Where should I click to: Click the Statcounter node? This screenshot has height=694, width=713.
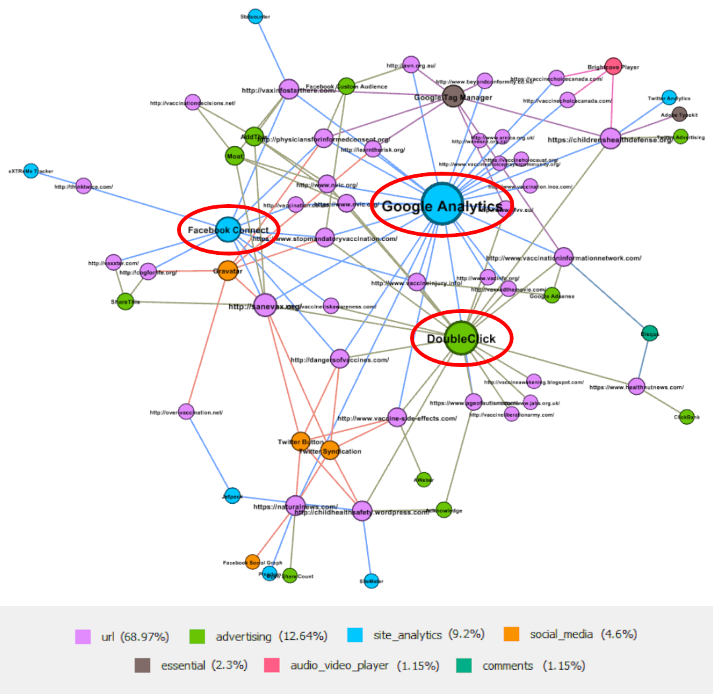[x=255, y=17]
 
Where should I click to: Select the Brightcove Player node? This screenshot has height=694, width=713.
[x=613, y=67]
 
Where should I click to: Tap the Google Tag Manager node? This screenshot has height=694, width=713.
[x=453, y=96]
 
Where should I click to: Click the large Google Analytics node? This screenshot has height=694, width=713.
[x=442, y=205]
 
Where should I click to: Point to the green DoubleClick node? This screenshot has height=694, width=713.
[x=461, y=339]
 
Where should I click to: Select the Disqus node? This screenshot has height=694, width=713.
[x=650, y=334]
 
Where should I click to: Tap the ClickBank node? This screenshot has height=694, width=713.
[x=687, y=417]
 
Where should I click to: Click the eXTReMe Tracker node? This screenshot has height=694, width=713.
[x=30, y=171]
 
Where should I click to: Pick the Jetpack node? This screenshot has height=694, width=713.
[x=232, y=496]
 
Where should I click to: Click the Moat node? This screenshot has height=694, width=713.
[x=235, y=156]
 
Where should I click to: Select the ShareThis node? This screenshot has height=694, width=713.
[x=125, y=302]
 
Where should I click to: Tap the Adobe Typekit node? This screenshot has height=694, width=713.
[x=679, y=114]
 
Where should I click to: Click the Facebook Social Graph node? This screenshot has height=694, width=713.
[x=252, y=562]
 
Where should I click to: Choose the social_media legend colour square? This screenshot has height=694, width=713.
[x=512, y=635]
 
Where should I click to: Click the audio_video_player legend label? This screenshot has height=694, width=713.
[x=339, y=666]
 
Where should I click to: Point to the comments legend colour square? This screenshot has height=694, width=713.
[x=464, y=666]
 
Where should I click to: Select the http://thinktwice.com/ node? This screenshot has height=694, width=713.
[x=83, y=186]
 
